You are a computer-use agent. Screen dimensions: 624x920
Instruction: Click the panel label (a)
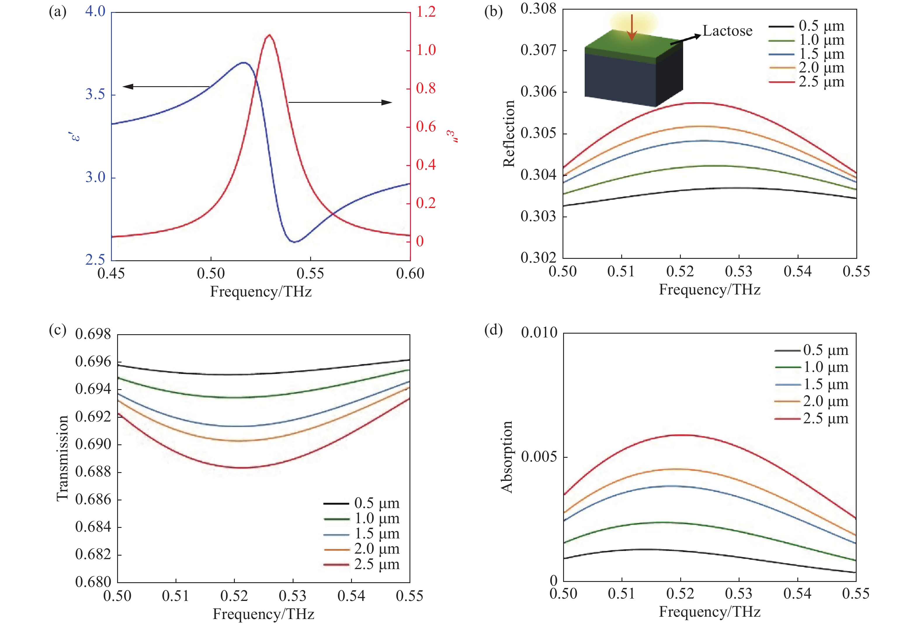tap(58, 12)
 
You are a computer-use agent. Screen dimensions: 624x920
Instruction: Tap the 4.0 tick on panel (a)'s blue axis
tap(96, 11)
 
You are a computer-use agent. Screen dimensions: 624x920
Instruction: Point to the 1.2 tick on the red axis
tap(426, 12)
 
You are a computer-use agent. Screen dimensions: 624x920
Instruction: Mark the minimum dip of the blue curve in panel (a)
tap(294, 242)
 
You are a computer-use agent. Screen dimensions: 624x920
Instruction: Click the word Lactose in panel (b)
tap(727, 31)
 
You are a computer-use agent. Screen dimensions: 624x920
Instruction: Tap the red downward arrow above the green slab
tap(632, 28)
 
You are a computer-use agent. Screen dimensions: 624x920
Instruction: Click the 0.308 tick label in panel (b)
tap(538, 9)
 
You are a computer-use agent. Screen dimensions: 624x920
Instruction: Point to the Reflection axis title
tap(509, 134)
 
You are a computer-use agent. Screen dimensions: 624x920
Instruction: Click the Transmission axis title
tap(63, 458)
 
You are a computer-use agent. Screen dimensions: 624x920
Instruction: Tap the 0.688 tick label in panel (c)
tap(93, 472)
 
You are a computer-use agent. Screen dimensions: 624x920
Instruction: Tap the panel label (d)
tap(493, 330)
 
